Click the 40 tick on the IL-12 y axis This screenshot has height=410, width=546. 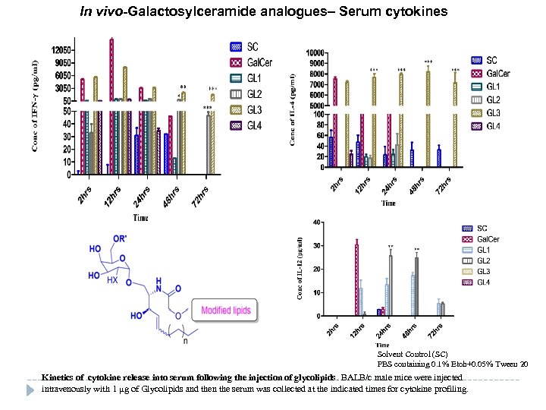[317, 222]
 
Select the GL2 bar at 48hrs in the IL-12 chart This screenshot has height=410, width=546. [416, 286]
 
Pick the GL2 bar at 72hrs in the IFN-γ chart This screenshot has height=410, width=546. [209, 145]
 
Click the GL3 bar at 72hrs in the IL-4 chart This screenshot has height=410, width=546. [455, 121]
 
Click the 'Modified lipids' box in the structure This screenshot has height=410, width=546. [226, 310]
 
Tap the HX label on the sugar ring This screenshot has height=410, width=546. [113, 280]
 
